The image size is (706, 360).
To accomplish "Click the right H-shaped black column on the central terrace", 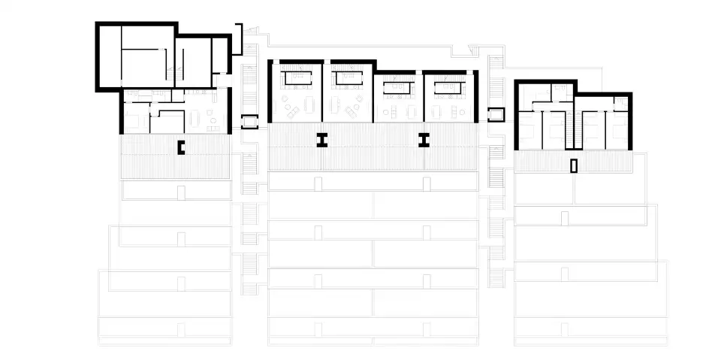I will (424, 139).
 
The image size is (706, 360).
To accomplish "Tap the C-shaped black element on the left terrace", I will (180, 147).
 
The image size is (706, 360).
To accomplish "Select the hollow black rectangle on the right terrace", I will (574, 166).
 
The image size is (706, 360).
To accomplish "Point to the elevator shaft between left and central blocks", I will (249, 120).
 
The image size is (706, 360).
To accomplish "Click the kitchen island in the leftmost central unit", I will (296, 77).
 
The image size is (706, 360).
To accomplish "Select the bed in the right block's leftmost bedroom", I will (528, 130).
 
